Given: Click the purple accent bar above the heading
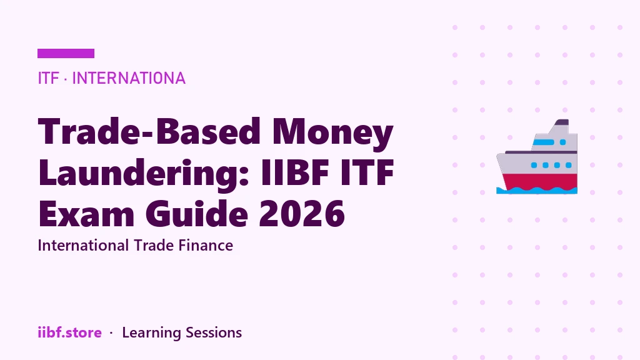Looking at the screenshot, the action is [66, 54].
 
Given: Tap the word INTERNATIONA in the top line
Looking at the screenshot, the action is [129, 78].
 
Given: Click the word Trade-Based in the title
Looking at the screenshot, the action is [149, 131].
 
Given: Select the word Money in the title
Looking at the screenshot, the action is [332, 133].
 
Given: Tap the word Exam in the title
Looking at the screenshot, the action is [86, 213].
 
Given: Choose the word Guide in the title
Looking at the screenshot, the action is [197, 212].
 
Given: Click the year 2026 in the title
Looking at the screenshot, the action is [302, 213].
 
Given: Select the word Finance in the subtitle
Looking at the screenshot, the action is [206, 245].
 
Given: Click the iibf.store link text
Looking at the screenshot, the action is [70, 332].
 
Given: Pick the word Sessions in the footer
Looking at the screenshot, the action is [214, 332].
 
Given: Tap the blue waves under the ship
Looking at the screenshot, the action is [537, 190].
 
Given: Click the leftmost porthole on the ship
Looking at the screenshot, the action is [534, 165].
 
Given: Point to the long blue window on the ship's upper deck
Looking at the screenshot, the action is [544, 142].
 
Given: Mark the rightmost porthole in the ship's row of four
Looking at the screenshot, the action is [569, 165].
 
